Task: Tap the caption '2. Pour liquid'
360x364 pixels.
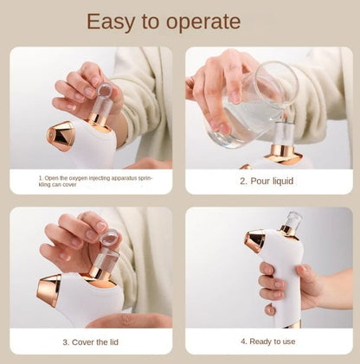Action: [x=267, y=182]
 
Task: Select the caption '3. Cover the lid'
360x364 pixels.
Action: [x=90, y=342]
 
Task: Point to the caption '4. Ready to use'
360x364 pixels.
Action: [x=267, y=342]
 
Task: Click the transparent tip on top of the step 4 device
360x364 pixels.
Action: [x=293, y=220]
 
